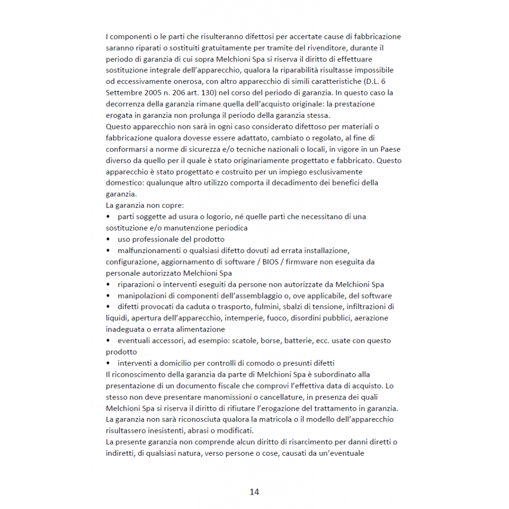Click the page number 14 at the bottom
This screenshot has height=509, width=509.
coord(254,492)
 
